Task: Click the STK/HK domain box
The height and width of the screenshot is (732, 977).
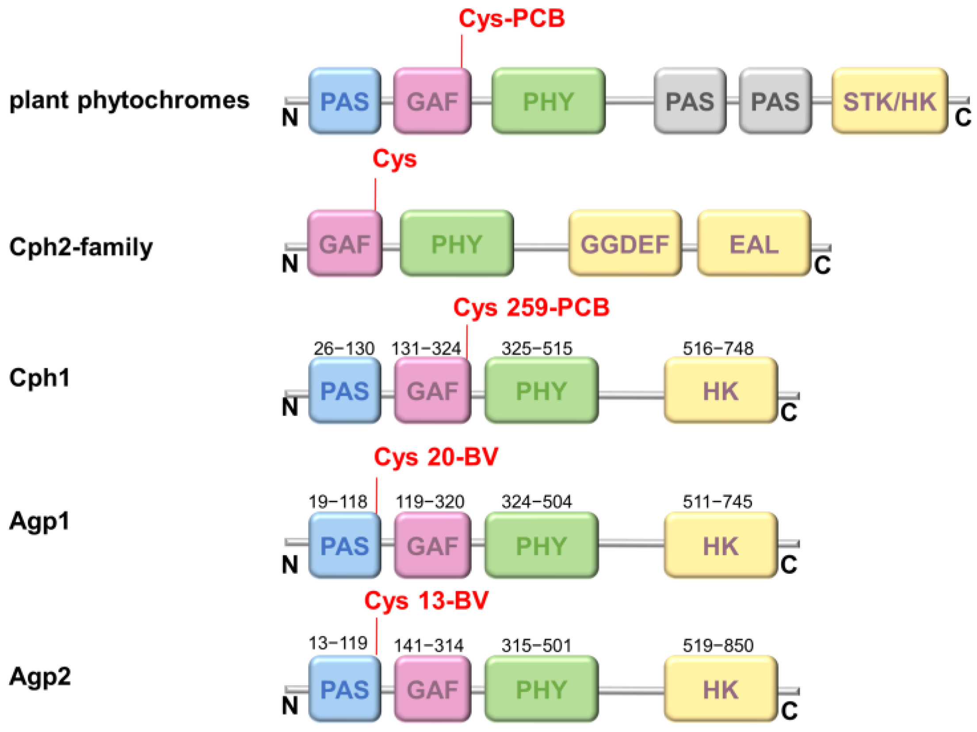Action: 889,101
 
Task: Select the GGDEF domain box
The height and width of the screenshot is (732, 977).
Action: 624,244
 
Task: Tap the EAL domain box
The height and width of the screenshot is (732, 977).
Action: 753,244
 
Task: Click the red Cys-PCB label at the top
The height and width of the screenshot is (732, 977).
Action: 511,19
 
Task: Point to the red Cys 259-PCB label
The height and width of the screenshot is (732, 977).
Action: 531,307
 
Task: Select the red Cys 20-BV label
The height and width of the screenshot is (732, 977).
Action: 435,457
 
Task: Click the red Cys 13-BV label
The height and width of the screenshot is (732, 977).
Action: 426,601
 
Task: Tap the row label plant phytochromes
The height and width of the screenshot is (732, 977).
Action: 129,100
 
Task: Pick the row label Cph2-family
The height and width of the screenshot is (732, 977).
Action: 80,247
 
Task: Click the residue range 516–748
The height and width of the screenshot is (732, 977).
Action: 717,348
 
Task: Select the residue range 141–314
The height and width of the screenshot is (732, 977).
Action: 428,646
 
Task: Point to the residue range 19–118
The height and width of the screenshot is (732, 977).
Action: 338,502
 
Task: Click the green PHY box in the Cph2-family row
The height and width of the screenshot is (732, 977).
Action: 456,244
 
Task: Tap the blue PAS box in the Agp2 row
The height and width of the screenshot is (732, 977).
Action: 344,689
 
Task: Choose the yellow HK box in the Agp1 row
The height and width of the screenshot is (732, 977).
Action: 720,545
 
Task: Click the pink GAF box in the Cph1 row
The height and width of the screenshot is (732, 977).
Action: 432,391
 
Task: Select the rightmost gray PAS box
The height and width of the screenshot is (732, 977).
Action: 775,101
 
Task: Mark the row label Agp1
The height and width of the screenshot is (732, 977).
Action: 39,521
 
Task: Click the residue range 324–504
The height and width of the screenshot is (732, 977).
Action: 536,502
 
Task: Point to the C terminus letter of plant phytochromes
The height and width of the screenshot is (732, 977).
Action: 962,118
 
